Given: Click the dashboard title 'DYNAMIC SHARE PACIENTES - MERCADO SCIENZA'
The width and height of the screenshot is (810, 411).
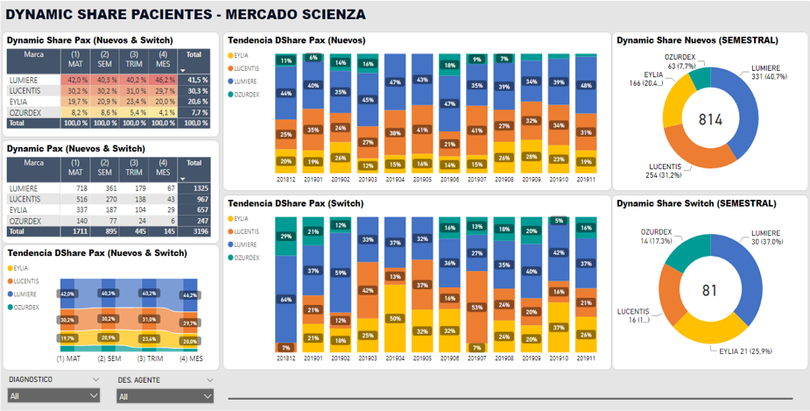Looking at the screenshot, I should point(186,15).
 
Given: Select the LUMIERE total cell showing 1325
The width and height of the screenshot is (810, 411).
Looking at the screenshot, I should point(196,188).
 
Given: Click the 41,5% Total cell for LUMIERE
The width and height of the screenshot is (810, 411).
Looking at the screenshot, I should point(196,80).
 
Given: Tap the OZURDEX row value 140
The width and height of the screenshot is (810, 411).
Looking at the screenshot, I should point(78,221).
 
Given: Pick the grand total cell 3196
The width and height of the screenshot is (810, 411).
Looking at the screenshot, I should point(196,231).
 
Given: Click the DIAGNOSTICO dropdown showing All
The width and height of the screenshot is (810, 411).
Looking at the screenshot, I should point(52,396).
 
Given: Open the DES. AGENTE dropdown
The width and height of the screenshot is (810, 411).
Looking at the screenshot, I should point(165,396).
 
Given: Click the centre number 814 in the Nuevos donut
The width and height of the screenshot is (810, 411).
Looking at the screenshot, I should point(711,119).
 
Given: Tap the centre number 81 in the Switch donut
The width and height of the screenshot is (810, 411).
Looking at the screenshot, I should point(710,290).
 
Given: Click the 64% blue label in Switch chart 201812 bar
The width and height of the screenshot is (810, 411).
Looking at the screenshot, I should point(285,300).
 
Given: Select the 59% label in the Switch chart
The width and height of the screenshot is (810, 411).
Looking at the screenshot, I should point(341,273).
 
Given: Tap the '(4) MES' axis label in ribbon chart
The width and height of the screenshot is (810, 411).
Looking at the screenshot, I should point(191,358).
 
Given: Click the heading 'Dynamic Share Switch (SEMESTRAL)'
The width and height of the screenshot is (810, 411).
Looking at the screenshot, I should point(696,203).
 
